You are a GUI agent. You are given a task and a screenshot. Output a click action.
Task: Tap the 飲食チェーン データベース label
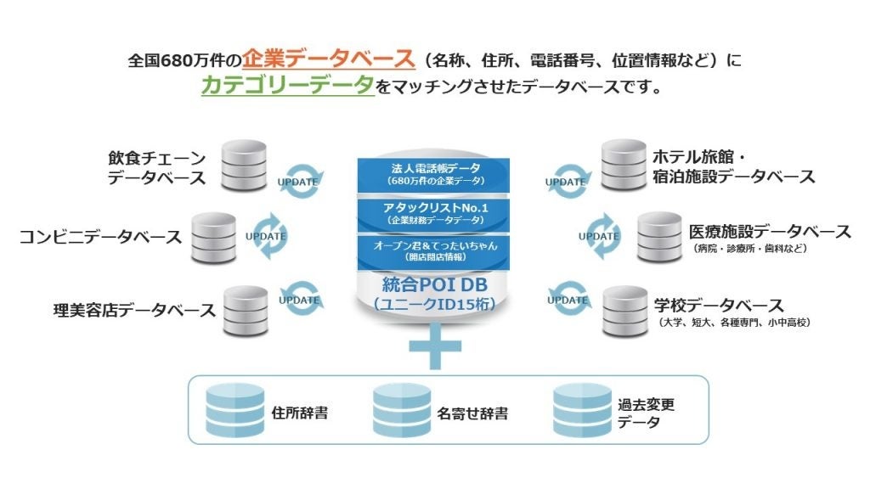(156, 167)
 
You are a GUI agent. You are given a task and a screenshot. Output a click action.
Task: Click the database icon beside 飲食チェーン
(243, 166)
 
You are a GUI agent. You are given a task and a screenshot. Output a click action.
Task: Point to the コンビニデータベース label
(100, 237)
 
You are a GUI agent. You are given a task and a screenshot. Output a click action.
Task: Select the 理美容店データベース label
(134, 310)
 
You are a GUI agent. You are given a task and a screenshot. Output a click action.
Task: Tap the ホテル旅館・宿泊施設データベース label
(732, 167)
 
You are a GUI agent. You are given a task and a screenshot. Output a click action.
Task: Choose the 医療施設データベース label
(770, 231)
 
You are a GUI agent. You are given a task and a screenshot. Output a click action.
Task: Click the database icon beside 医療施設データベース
(659, 237)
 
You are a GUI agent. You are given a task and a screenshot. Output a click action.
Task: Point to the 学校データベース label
(718, 305)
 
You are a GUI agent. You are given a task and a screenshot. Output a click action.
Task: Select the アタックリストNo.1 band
(434, 211)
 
